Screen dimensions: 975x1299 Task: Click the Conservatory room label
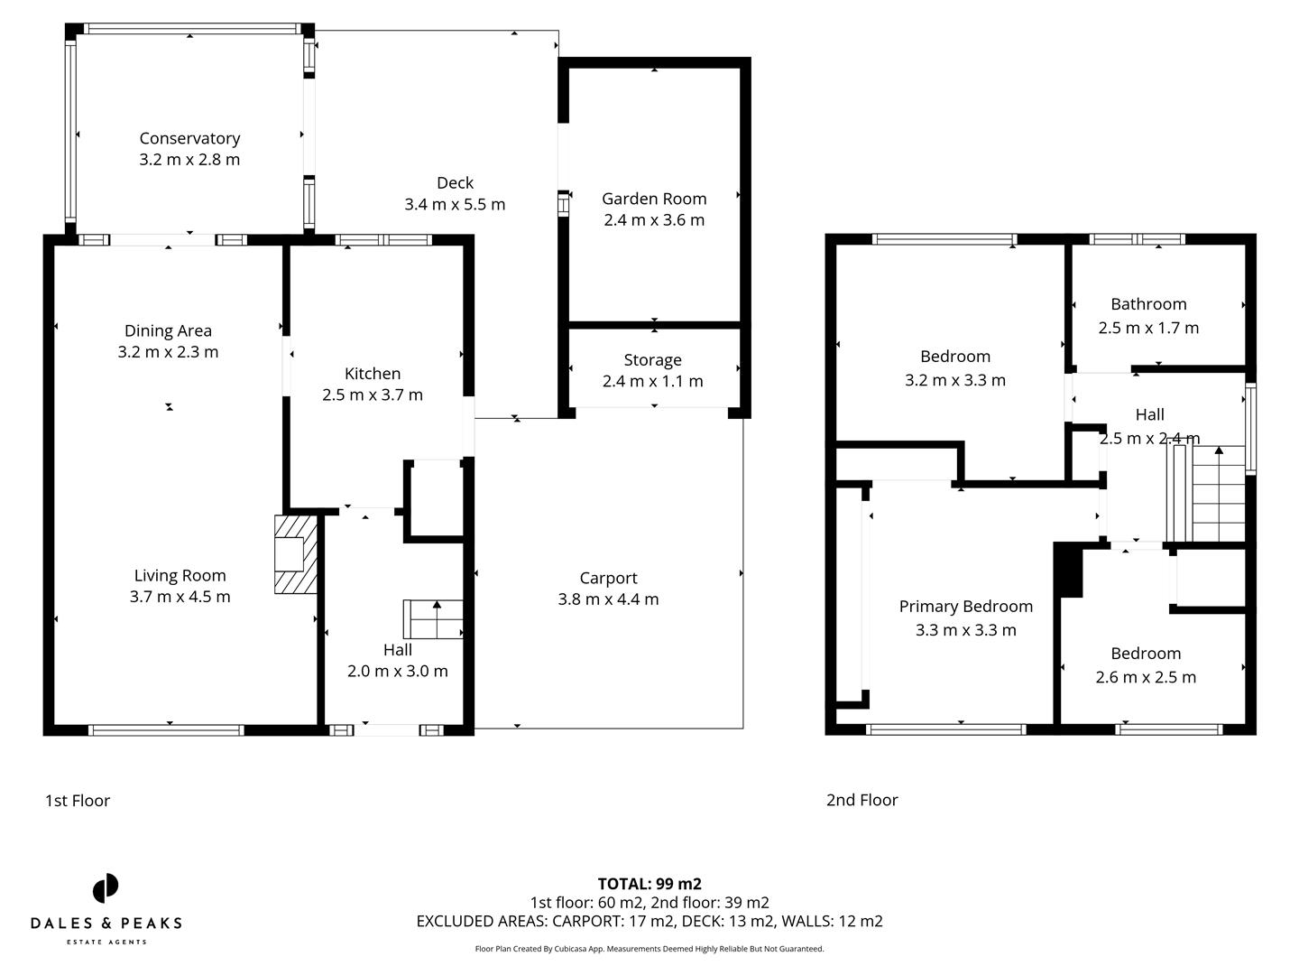tap(189, 138)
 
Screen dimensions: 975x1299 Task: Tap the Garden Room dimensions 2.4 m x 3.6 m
tap(654, 220)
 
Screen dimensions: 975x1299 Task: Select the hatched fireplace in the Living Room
tap(295, 554)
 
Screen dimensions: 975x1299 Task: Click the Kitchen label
tap(373, 374)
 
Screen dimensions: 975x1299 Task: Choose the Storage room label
tap(652, 360)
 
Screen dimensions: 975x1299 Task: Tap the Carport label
tap(608, 579)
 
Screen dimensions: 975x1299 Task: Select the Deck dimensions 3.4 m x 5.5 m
tap(455, 205)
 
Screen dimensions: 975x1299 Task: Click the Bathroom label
tap(1148, 304)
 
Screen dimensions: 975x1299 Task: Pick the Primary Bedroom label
tap(965, 607)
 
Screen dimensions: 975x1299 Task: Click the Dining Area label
tap(168, 331)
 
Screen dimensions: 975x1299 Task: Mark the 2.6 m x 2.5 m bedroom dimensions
tap(1146, 678)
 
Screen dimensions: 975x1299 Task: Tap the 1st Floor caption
tap(78, 801)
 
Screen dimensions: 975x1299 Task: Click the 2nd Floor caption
tap(861, 800)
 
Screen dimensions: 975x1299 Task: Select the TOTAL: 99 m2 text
tap(649, 885)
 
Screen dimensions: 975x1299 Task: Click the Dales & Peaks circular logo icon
tap(106, 888)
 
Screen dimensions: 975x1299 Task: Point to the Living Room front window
tap(166, 730)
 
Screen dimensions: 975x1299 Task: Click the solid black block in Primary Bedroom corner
tap(1069, 571)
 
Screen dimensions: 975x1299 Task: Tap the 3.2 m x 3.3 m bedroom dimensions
tap(954, 381)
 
